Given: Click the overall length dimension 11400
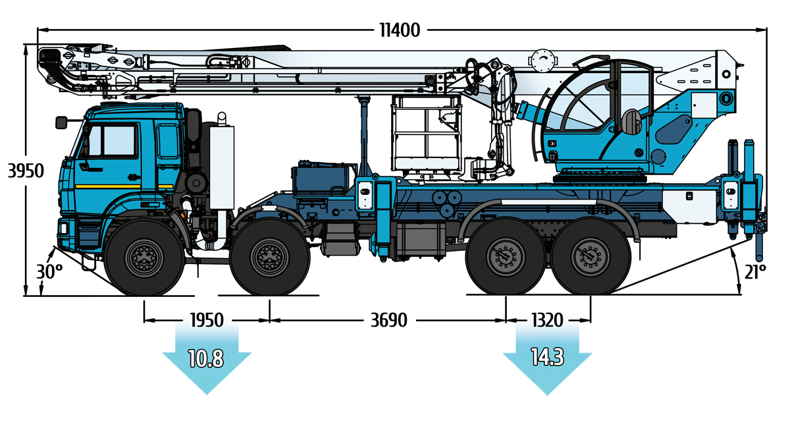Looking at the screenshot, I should pos(400,30).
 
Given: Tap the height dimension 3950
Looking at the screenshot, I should pos(25,171).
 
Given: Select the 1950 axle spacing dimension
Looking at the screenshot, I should pos(206,321).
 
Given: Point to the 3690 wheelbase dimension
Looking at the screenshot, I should pos(388,321).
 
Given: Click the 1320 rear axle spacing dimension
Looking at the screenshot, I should pos(547,321).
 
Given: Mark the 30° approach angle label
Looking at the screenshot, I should pos(49,272).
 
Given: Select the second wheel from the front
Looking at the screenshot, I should pos(270,257).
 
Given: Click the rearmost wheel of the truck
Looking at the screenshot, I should pos(589,257).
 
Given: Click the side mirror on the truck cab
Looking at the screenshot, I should pos(63,122).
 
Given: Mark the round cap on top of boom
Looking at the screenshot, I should pos(542,59).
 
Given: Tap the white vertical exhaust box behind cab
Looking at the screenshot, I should pos(221,165).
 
